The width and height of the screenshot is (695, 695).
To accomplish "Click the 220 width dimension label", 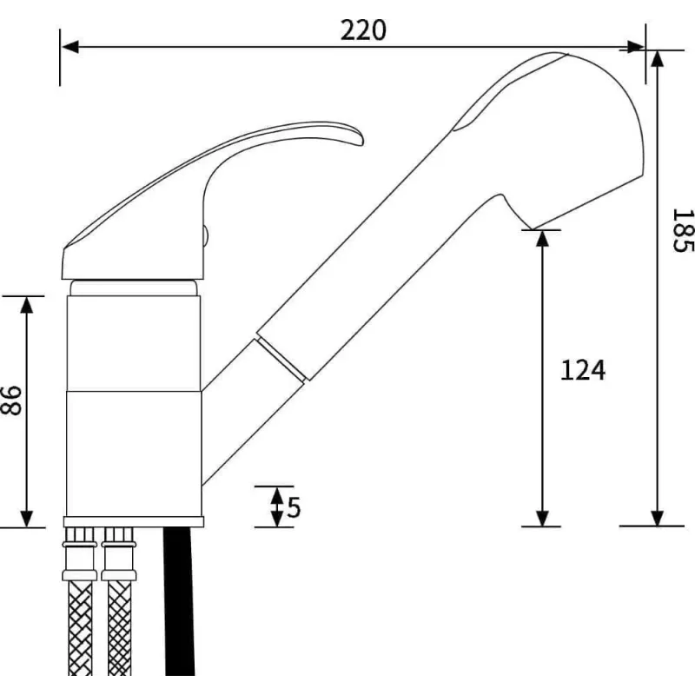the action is click(x=363, y=30).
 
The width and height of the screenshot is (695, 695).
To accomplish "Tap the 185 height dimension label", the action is click(x=683, y=230).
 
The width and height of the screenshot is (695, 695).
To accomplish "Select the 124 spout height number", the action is click(x=582, y=371).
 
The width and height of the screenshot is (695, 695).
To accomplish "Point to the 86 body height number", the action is click(x=11, y=400).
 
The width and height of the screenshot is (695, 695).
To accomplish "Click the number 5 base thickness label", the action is click(x=294, y=506).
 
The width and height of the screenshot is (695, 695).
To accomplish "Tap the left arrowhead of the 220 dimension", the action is click(x=70, y=47).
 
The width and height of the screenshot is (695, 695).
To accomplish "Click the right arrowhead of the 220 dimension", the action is click(x=636, y=47).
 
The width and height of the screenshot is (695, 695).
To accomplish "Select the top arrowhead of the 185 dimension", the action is click(x=657, y=59).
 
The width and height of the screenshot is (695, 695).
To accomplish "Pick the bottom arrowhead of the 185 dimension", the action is click(x=657, y=517).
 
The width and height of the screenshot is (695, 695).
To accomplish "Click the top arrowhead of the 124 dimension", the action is click(x=542, y=238).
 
